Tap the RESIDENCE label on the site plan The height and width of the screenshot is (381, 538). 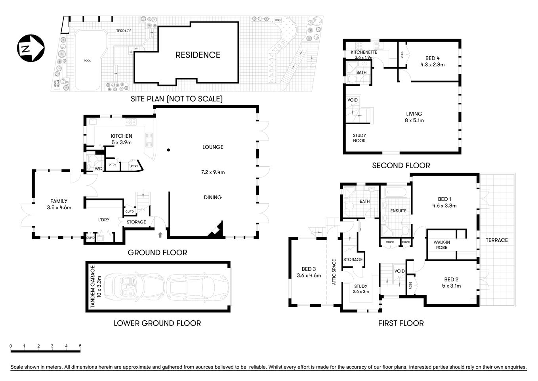click(x=198, y=55)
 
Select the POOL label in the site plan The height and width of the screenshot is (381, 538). click(x=87, y=61)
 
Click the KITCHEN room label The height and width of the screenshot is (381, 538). click(x=121, y=136)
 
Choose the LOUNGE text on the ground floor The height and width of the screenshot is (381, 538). click(x=213, y=147)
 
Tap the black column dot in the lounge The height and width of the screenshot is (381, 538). click(x=168, y=150)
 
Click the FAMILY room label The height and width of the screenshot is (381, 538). click(x=59, y=201)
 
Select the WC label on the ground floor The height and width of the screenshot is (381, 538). click(x=99, y=169)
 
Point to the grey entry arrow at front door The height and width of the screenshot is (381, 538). click(x=160, y=235)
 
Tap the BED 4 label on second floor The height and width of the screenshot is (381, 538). click(x=433, y=58)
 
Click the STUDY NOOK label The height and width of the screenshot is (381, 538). click(x=359, y=138)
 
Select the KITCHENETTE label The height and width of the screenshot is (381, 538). click(x=364, y=52)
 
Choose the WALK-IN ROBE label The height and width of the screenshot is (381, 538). click(x=441, y=245)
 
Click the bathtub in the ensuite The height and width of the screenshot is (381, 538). click(x=395, y=193)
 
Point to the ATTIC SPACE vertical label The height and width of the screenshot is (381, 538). click(x=334, y=272)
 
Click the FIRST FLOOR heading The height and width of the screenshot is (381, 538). click(x=401, y=323)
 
